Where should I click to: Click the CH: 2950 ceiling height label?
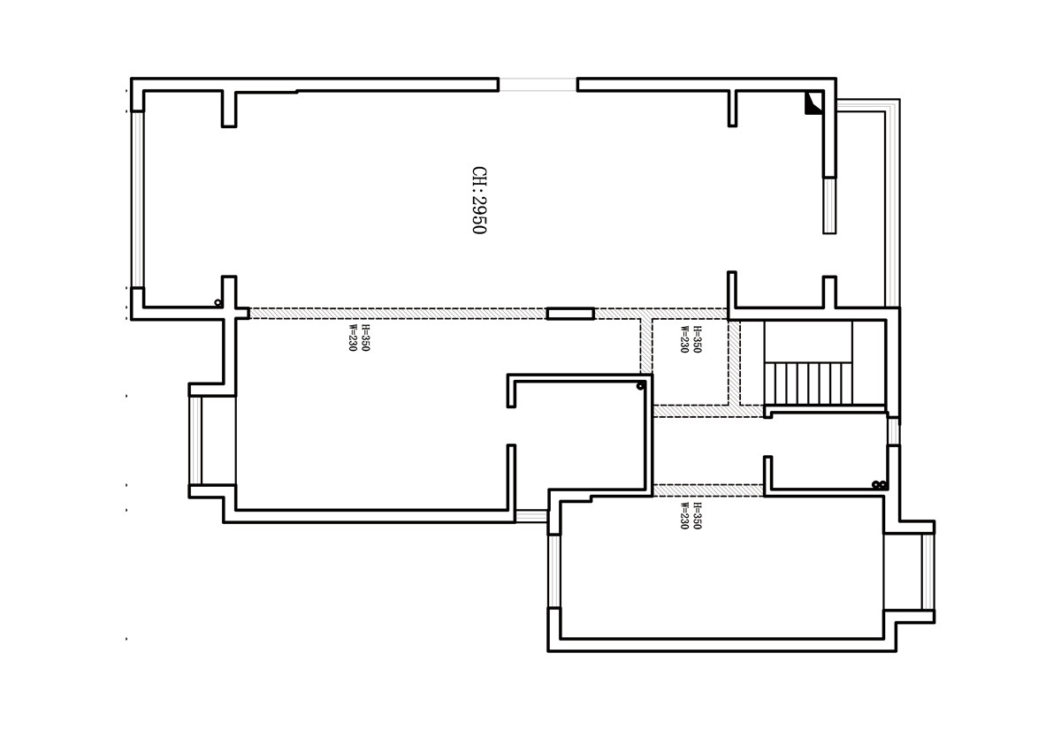[479, 200]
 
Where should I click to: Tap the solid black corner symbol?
[813, 103]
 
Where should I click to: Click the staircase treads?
[808, 383]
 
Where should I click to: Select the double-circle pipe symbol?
[879, 484]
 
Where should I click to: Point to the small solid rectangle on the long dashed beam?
[570, 314]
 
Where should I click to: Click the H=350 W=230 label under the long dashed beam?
[359, 338]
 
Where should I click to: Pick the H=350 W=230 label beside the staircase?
[691, 339]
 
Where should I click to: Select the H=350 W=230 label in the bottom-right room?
[691, 515]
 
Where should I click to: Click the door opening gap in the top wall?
[538, 85]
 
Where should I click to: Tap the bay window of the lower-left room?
[195, 441]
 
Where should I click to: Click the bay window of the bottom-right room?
[927, 572]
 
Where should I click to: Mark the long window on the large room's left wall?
[137, 200]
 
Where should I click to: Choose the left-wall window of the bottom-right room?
[553, 571]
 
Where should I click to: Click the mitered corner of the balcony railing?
[892, 106]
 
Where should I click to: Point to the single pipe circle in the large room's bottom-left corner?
[218, 302]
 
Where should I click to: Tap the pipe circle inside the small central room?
[640, 386]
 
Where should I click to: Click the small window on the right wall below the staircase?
[893, 431]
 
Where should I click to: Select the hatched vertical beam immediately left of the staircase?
[734, 362]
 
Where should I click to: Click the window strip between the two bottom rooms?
[531, 516]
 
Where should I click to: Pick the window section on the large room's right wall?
[829, 205]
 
